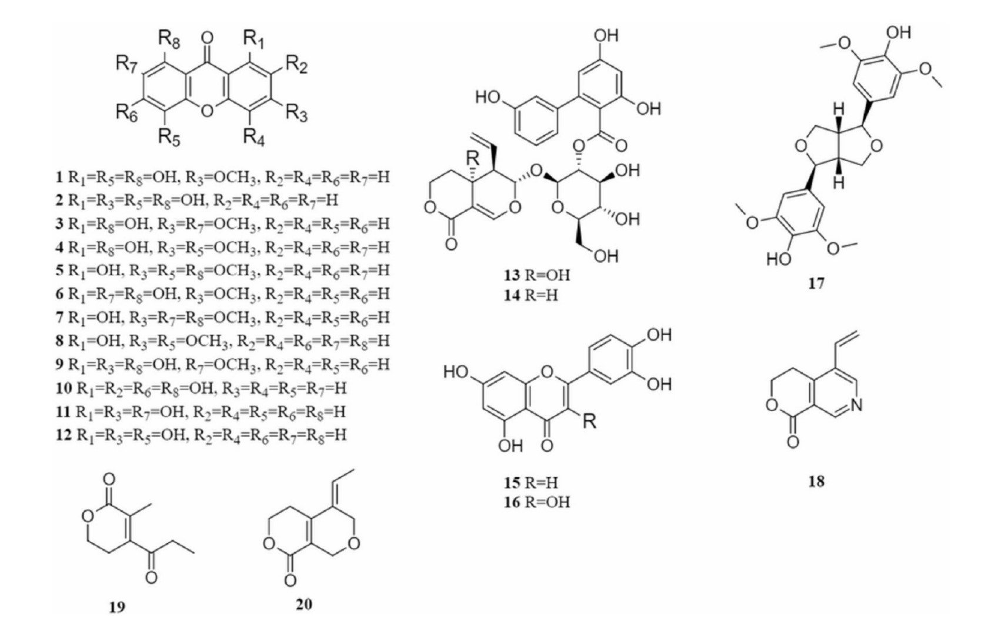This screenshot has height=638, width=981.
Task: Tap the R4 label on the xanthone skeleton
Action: click(x=254, y=138)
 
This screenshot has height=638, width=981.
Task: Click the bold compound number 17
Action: click(x=816, y=283)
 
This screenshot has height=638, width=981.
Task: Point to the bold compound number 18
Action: click(x=816, y=481)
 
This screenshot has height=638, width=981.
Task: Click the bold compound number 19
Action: click(x=117, y=607)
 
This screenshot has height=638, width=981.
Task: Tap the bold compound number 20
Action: click(x=304, y=604)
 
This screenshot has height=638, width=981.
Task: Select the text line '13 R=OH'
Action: click(x=537, y=275)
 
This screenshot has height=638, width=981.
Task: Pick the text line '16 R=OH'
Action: click(x=537, y=502)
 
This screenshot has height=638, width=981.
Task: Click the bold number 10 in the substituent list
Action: click(x=64, y=388)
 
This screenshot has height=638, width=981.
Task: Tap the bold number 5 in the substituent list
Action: click(x=59, y=270)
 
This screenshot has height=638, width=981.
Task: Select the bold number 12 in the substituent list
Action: click(x=64, y=435)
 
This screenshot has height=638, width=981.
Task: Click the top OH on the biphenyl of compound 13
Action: click(x=606, y=36)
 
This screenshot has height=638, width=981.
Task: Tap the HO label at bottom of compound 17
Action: click(x=779, y=260)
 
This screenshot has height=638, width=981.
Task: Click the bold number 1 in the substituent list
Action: click(x=59, y=177)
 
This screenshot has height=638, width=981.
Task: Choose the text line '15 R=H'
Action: click(x=531, y=482)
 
